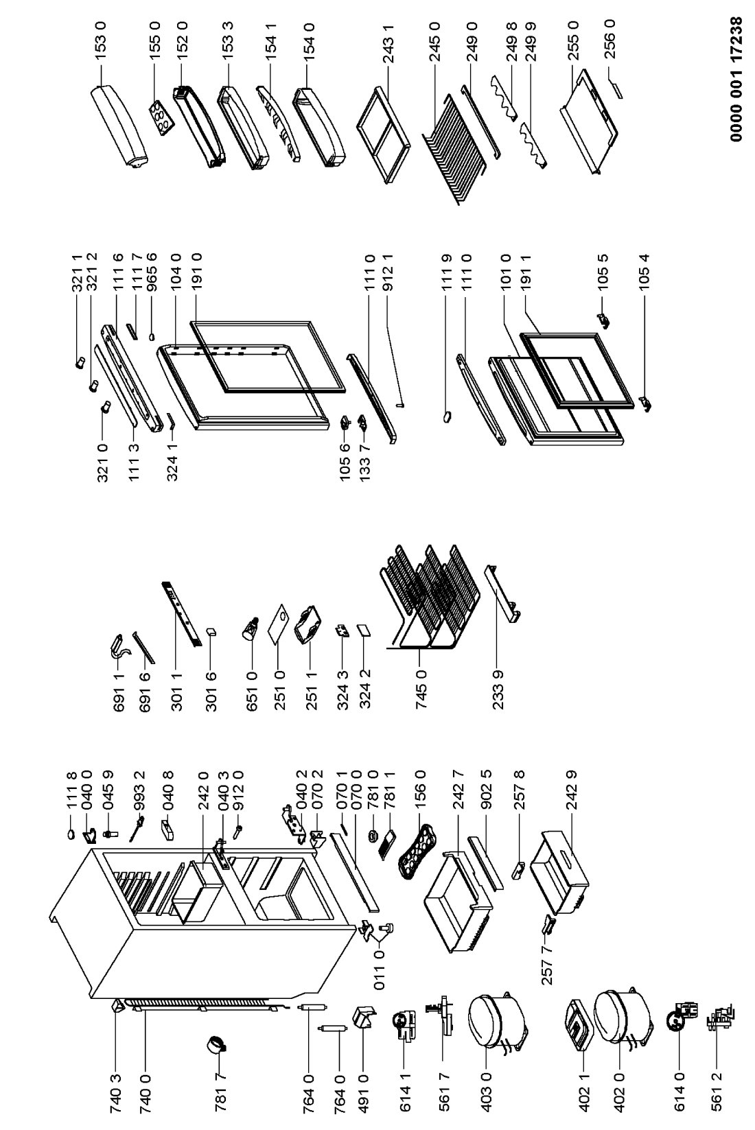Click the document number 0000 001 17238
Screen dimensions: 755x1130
736,80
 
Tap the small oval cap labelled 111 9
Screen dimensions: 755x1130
447,417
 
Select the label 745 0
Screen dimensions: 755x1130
421,689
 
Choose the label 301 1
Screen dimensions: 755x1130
176,691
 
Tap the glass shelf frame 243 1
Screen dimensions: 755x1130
384,134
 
